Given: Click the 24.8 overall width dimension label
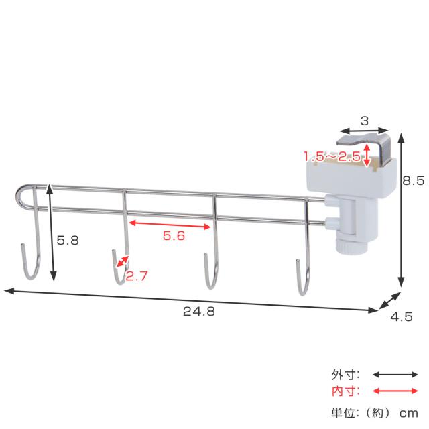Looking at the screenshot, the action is tap(199, 311).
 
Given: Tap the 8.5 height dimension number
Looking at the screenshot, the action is tap(413, 181).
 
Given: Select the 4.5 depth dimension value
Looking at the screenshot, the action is tap(402, 317).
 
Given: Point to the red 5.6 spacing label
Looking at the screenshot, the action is tap(174, 235).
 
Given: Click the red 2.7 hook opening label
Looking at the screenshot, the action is tap(137, 276).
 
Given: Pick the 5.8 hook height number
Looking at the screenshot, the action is tap(68, 241).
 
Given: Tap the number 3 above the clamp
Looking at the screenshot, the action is tap(365, 121).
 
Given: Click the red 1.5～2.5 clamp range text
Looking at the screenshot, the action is tap(332, 156).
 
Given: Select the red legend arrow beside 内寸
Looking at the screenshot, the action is tap(395, 391).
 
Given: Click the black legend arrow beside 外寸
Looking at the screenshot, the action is tap(395, 375).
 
